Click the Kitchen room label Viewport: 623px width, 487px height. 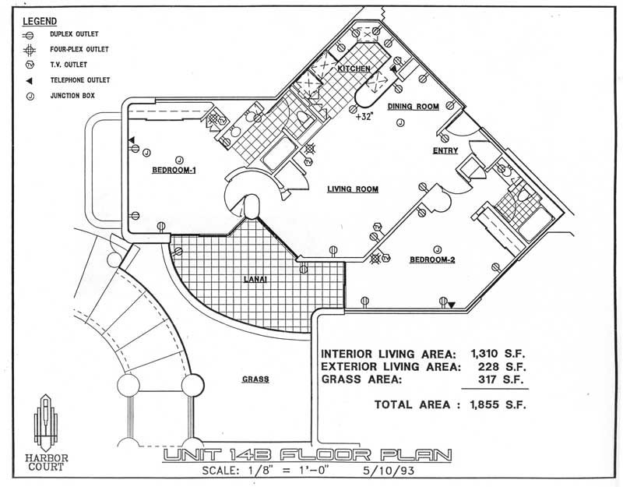[x=354, y=69]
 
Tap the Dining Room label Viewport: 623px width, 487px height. [x=413, y=106]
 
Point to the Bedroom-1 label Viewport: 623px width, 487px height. [x=172, y=171]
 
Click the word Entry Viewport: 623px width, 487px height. [x=445, y=151]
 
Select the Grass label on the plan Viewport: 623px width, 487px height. [x=255, y=379]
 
